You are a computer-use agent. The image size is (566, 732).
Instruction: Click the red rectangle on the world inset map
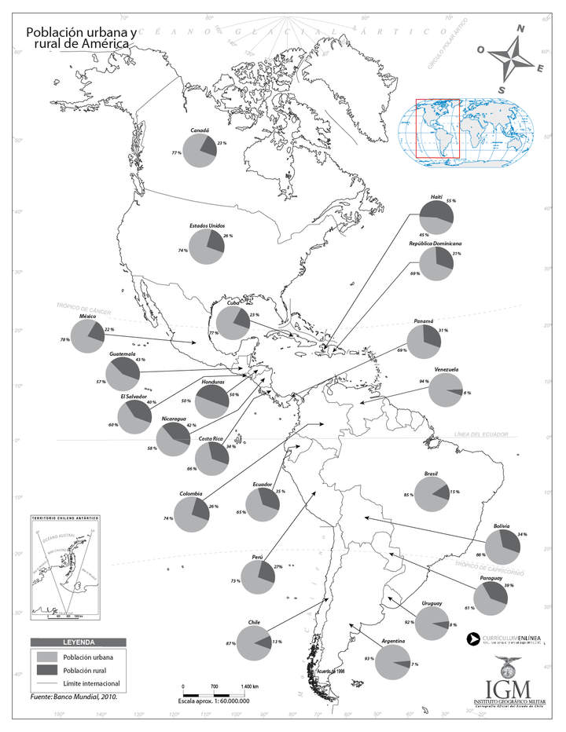437,128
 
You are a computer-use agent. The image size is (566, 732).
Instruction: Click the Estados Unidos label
207,225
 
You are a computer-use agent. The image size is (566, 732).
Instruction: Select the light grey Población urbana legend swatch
46,656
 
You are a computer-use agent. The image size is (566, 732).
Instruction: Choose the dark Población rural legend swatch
46,671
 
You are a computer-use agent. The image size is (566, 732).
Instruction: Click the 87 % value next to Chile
230,643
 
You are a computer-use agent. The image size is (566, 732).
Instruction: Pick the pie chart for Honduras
212,401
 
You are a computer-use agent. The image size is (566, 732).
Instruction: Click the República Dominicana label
435,244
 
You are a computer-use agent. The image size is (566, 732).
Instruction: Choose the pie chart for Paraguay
490,598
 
